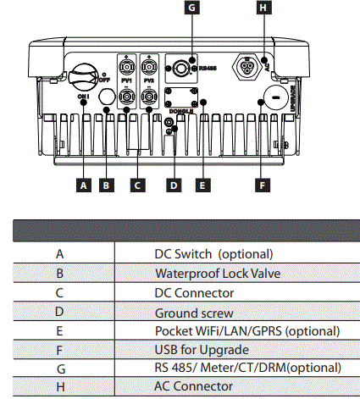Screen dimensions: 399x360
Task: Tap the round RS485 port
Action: pos(180,66)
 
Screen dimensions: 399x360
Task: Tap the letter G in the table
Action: pos(59,368)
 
